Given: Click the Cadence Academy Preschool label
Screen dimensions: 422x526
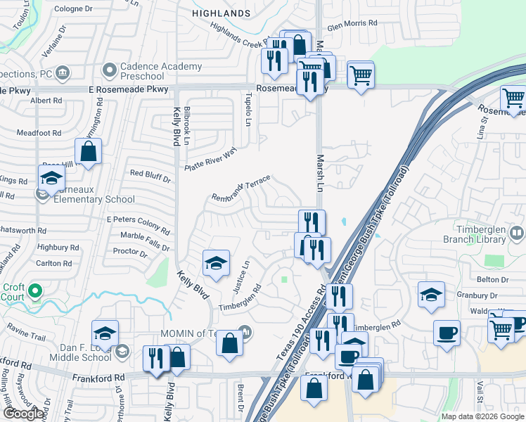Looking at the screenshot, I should coord(161,72).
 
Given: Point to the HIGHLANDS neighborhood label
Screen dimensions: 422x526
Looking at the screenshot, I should coord(222,13).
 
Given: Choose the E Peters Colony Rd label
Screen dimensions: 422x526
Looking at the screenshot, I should coord(138,225).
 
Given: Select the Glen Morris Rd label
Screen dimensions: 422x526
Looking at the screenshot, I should coord(352,23).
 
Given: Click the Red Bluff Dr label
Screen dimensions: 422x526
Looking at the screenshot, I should coord(150,175).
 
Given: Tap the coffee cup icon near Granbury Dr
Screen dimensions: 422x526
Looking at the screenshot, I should coord(447,333).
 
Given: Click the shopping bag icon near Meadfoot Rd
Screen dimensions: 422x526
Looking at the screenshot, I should coord(89,151).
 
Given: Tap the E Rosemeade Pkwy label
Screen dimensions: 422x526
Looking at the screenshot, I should coord(129,89).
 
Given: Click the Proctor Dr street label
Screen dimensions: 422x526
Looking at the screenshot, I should coord(129,251).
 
